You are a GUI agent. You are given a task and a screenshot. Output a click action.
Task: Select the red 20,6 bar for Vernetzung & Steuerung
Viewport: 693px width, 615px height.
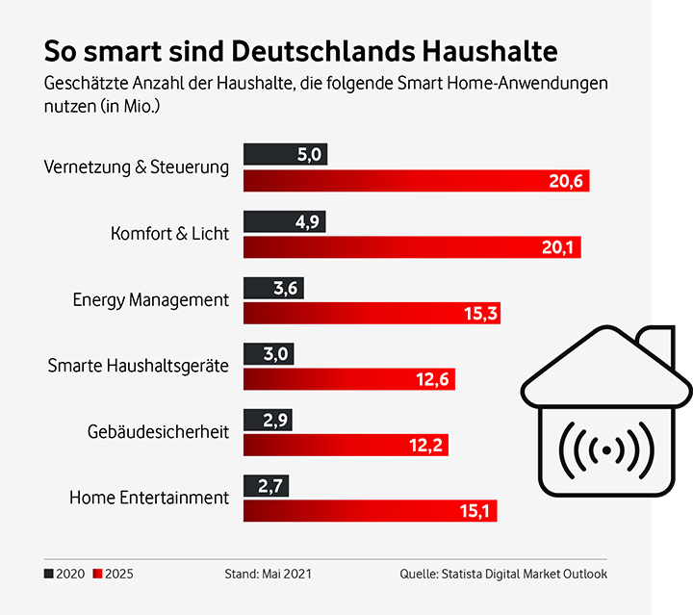tap(415, 181)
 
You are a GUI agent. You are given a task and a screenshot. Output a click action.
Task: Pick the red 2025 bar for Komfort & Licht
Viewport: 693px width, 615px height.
tap(411, 248)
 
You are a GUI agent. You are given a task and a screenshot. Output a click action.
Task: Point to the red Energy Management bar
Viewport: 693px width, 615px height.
tap(372, 314)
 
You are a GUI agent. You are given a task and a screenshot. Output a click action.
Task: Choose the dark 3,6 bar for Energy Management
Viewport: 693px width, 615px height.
tap(271, 288)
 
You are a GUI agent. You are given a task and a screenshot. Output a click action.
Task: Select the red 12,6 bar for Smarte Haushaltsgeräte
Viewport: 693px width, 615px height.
tap(348, 379)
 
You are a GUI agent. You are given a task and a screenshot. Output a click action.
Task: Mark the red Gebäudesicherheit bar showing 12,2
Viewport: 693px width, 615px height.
tap(345, 445)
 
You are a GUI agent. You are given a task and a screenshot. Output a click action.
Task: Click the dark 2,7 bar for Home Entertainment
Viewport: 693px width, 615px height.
tap(265, 486)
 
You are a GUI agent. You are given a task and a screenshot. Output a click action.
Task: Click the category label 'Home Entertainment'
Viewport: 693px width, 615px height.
tap(149, 498)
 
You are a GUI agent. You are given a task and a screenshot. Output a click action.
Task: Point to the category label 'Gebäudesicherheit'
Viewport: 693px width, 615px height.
tap(158, 432)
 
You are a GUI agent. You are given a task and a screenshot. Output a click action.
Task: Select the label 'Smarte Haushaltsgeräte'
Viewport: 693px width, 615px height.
tap(139, 366)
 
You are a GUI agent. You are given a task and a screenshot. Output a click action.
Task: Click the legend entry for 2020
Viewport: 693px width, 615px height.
tap(64, 575)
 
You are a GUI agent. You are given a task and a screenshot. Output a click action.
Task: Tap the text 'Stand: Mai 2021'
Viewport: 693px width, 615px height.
tap(268, 575)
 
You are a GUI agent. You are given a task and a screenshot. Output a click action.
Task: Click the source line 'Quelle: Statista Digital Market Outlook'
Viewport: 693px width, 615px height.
tap(503, 575)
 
